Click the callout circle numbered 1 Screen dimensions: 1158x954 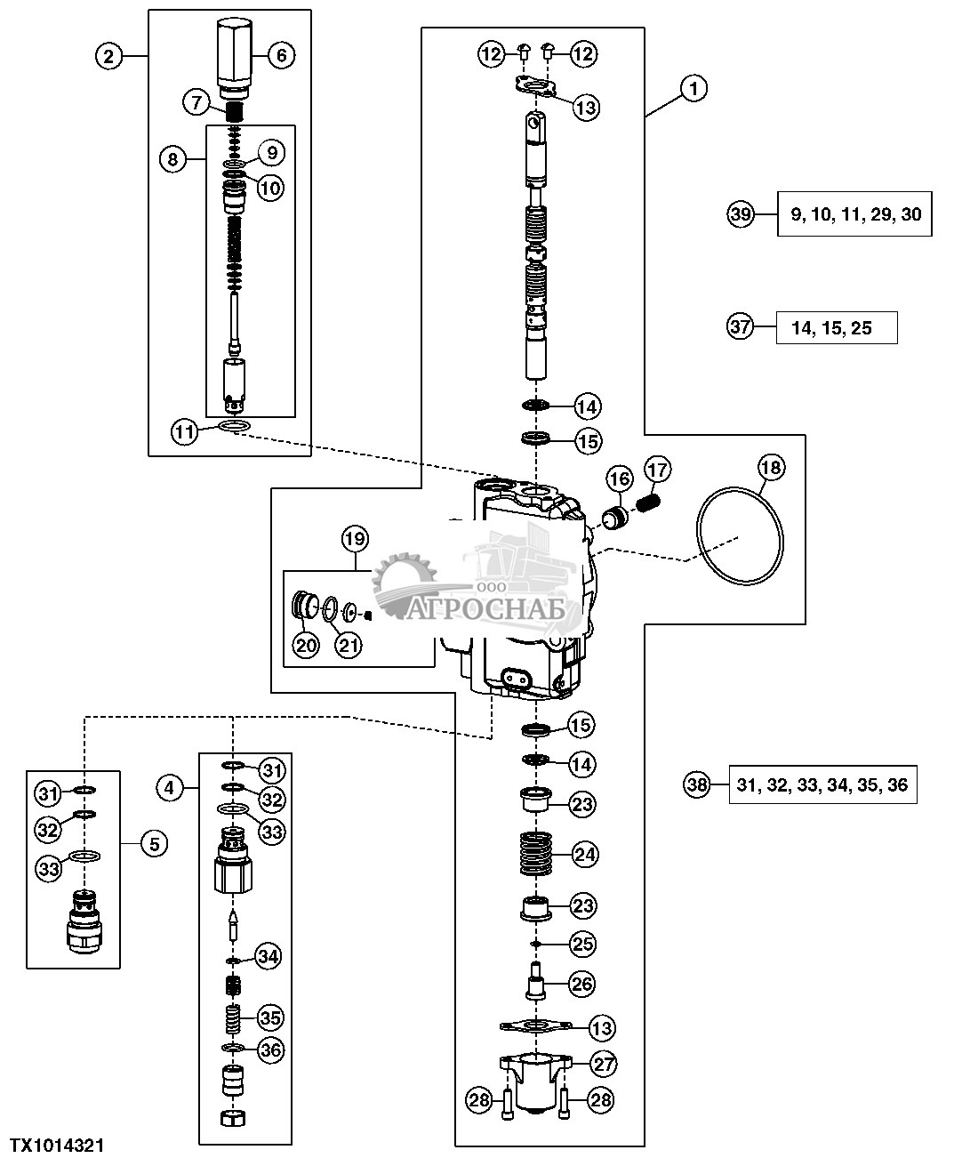(x=694, y=88)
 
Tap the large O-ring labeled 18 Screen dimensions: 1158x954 (x=742, y=536)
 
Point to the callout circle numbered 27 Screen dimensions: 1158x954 (x=605, y=1063)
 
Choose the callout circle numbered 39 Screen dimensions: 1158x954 (x=741, y=213)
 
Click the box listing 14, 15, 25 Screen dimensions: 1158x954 (x=836, y=328)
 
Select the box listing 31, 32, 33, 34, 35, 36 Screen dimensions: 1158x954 (x=822, y=784)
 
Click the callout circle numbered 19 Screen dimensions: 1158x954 (x=354, y=538)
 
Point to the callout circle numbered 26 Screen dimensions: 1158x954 (x=582, y=985)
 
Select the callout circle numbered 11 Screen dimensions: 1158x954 (x=184, y=432)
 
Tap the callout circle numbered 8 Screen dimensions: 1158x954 (x=172, y=160)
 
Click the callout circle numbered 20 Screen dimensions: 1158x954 (x=306, y=645)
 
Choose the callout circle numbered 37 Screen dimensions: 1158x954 (x=741, y=327)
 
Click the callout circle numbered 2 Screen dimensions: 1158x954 (x=108, y=56)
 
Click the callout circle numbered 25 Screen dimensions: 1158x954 (x=583, y=944)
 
